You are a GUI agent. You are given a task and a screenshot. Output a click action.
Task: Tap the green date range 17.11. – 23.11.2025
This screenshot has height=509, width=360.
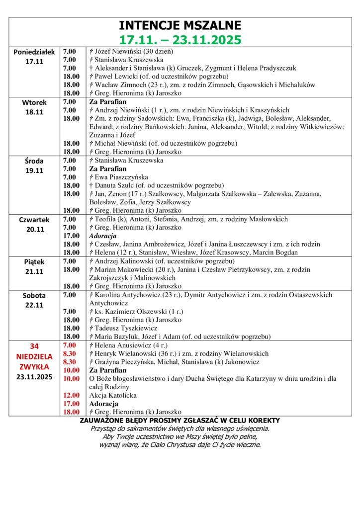click(180, 39)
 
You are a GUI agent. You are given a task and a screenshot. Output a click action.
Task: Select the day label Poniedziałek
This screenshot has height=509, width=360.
click(34, 52)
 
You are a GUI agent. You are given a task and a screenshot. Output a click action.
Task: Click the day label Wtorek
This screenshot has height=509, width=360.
click(34, 103)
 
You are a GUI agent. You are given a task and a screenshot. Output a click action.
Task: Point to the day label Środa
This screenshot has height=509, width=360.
click(34, 161)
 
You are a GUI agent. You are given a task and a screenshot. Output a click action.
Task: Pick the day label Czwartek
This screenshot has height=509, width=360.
click(34, 219)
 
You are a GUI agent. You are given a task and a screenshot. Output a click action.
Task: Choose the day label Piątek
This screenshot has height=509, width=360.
click(34, 261)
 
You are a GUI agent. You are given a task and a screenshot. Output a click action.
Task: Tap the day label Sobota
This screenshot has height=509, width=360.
click(34, 295)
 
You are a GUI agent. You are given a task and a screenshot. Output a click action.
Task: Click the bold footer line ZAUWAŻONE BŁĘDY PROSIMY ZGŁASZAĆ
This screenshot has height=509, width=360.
click(180, 421)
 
